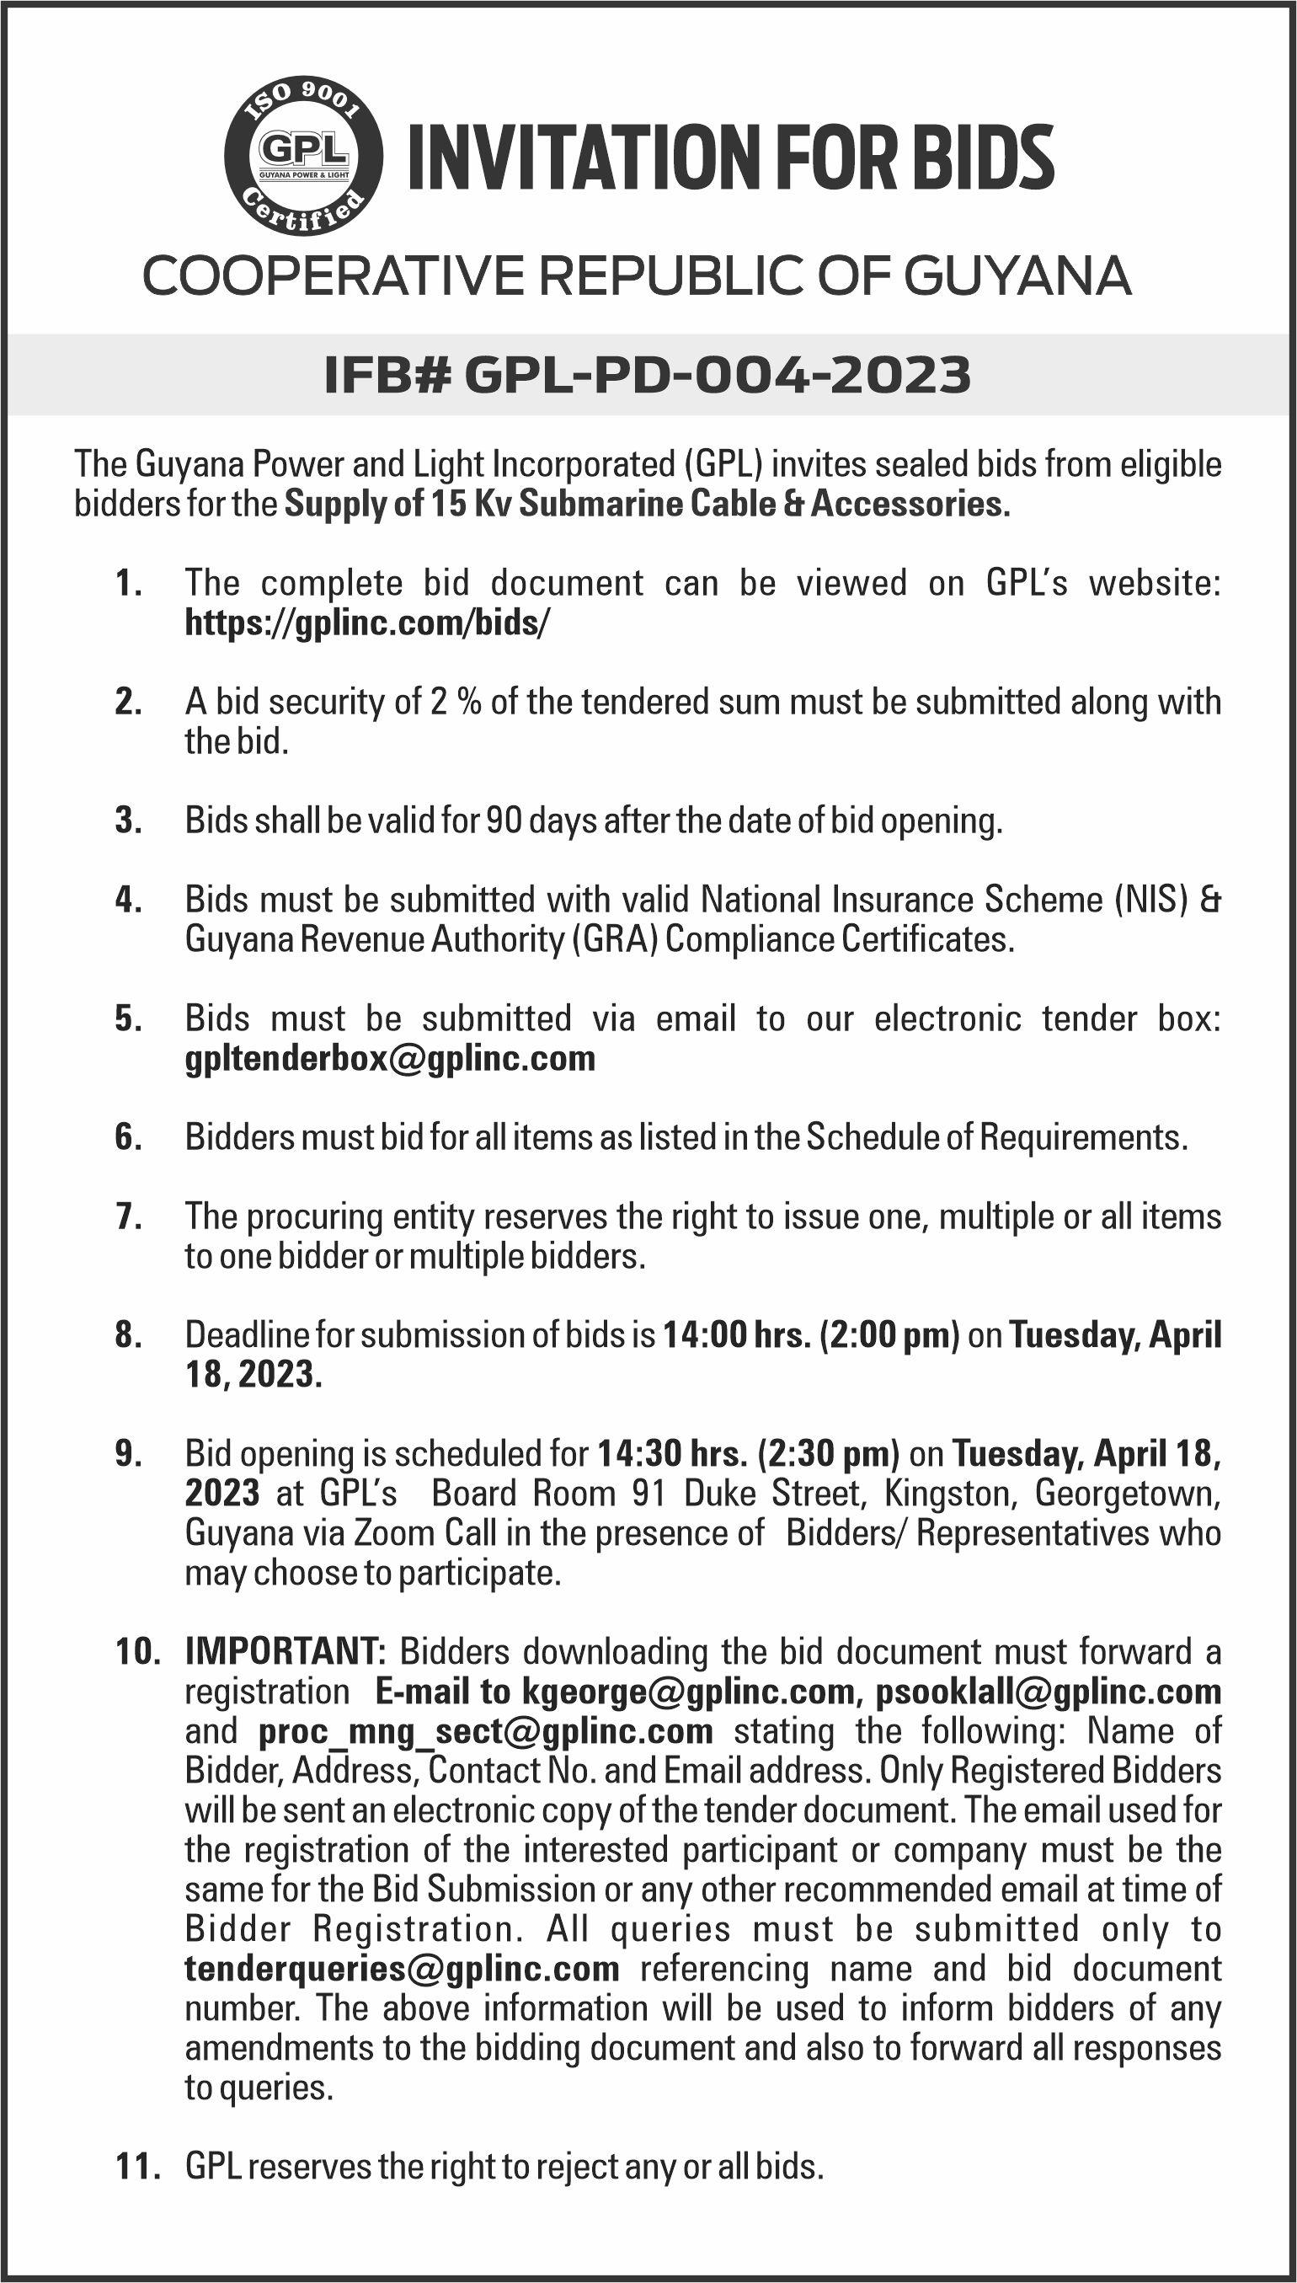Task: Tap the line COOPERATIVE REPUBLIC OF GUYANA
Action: click(x=637, y=276)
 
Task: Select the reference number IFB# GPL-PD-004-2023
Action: click(x=648, y=375)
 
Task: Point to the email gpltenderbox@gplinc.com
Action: click(x=390, y=1058)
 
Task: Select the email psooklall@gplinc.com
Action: click(x=1048, y=1691)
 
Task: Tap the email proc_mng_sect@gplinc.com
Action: click(x=485, y=1730)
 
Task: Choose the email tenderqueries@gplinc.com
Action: click(x=402, y=1969)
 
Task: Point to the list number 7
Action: click(x=128, y=1216)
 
